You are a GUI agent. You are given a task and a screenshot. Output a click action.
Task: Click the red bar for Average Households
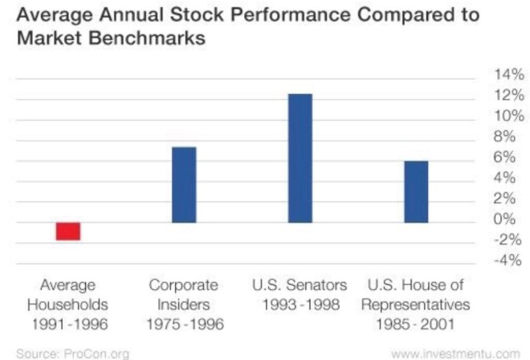pyautogui.click(x=68, y=231)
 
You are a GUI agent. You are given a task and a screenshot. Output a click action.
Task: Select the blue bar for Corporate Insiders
pyautogui.click(x=184, y=185)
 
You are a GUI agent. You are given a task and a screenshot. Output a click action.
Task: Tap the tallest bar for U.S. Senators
pyautogui.click(x=300, y=158)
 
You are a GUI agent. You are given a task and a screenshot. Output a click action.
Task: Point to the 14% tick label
pyautogui.click(x=506, y=75)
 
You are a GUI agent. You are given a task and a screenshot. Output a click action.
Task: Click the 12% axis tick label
pyautogui.click(x=506, y=96)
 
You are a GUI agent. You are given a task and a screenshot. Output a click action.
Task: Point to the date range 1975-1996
pyautogui.click(x=183, y=325)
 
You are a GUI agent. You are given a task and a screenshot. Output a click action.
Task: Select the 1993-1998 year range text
pyautogui.click(x=300, y=305)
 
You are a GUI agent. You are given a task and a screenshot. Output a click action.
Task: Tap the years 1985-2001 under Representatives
pyautogui.click(x=415, y=325)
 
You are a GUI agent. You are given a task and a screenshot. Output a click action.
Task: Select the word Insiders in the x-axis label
pyautogui.click(x=183, y=305)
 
